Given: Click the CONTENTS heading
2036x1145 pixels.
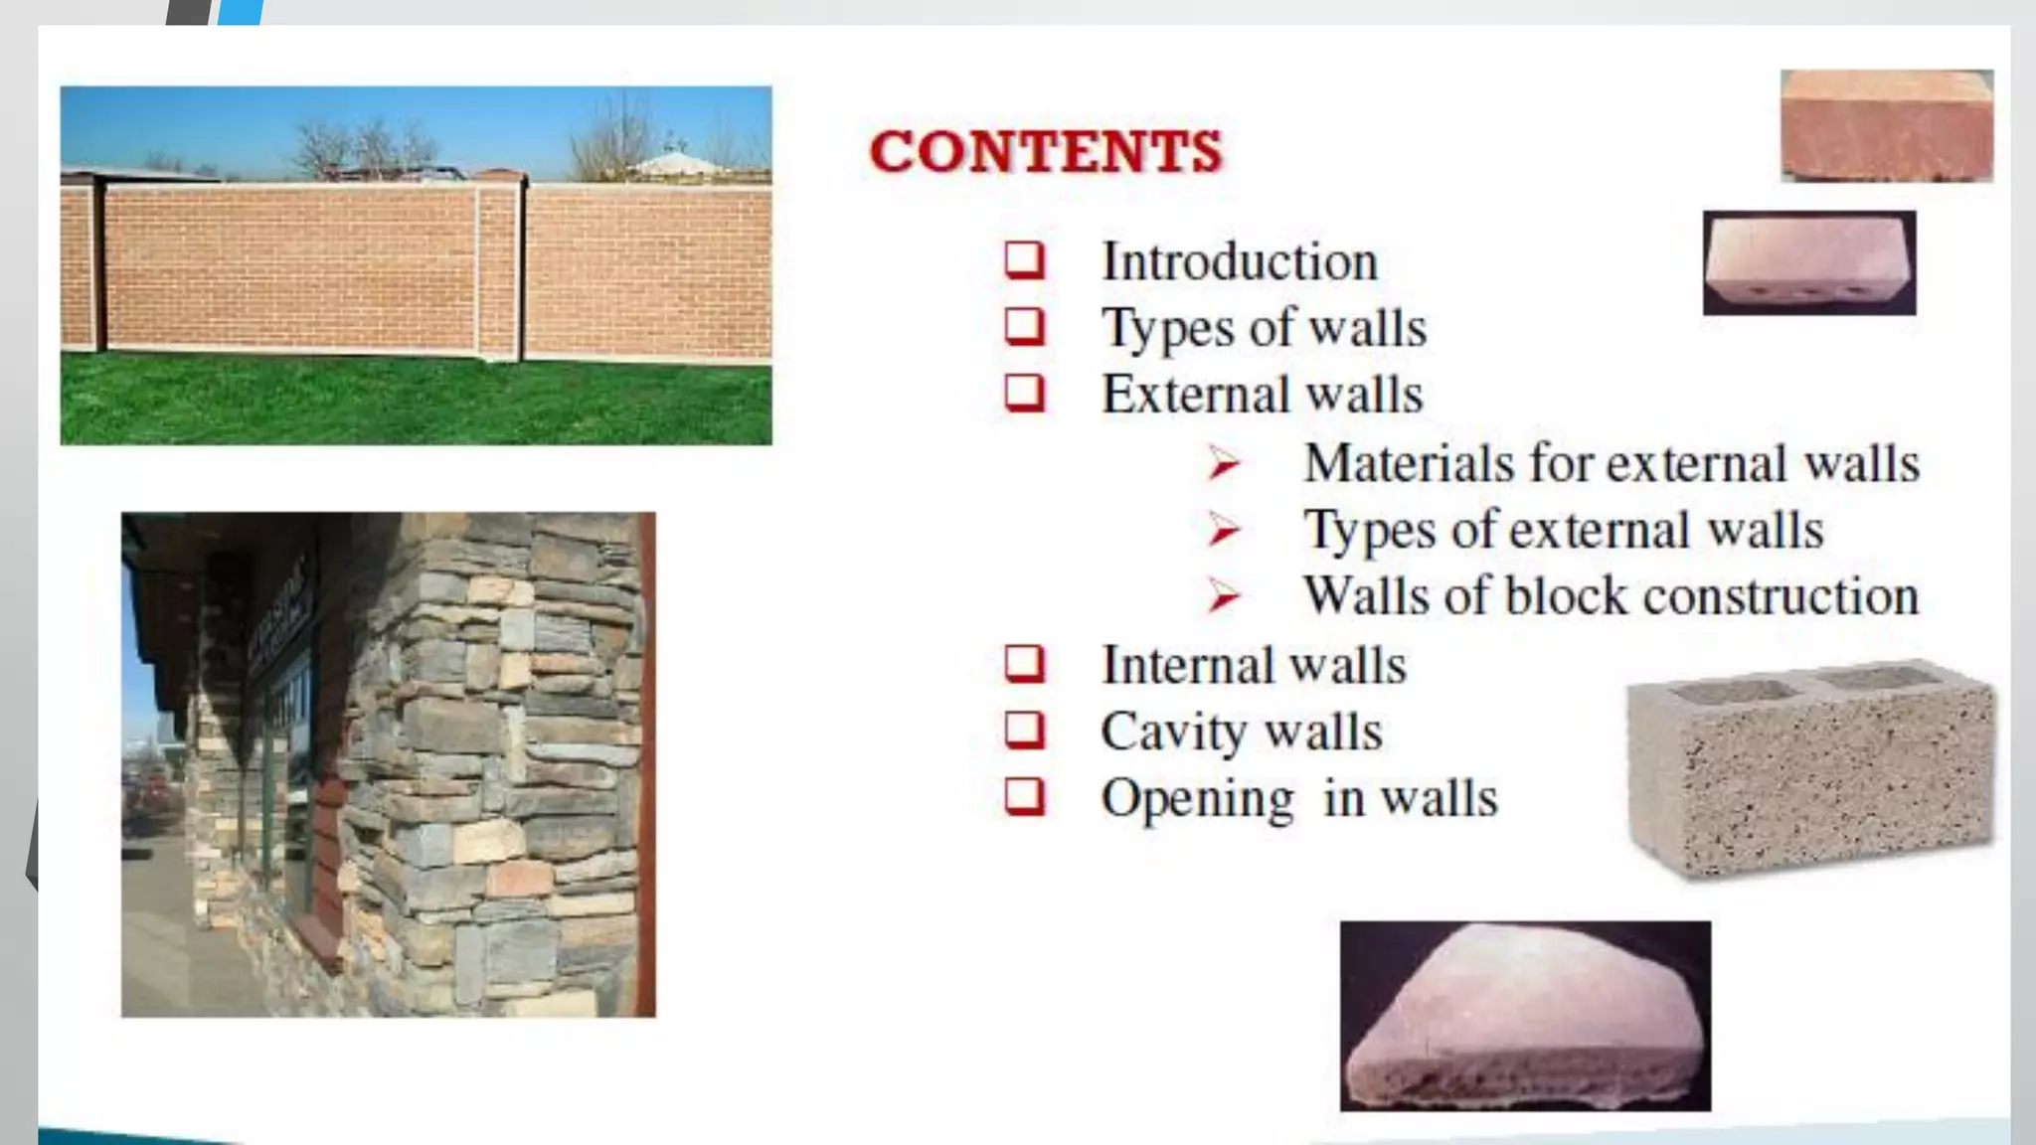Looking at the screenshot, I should [x=1045, y=152].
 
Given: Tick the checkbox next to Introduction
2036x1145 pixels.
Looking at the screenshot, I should [x=1024, y=261].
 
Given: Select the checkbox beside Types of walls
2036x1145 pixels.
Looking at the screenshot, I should [x=1024, y=327].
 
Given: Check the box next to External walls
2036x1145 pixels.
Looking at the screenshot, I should [x=1024, y=393].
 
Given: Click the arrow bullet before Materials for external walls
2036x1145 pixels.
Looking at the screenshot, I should [x=1224, y=464].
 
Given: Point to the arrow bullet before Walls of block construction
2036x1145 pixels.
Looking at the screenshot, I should [x=1224, y=596].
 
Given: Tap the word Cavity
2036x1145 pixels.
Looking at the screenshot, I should [x=1174, y=733].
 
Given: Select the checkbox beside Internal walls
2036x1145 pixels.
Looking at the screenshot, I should [x=1024, y=664].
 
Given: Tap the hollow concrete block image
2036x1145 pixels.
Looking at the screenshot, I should [x=1809, y=767].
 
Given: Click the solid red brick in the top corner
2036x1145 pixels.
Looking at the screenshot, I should [x=1886, y=125].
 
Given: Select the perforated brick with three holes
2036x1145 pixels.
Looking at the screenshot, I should [x=1809, y=263].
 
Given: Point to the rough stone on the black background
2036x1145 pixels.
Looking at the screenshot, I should [x=1525, y=1017].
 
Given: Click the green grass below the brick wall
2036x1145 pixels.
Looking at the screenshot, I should [x=416, y=403].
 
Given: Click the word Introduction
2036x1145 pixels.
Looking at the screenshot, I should [x=1240, y=262].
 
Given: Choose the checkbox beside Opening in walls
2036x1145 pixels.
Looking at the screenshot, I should [x=1024, y=797].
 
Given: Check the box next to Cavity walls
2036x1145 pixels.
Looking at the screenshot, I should [x=1024, y=731].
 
